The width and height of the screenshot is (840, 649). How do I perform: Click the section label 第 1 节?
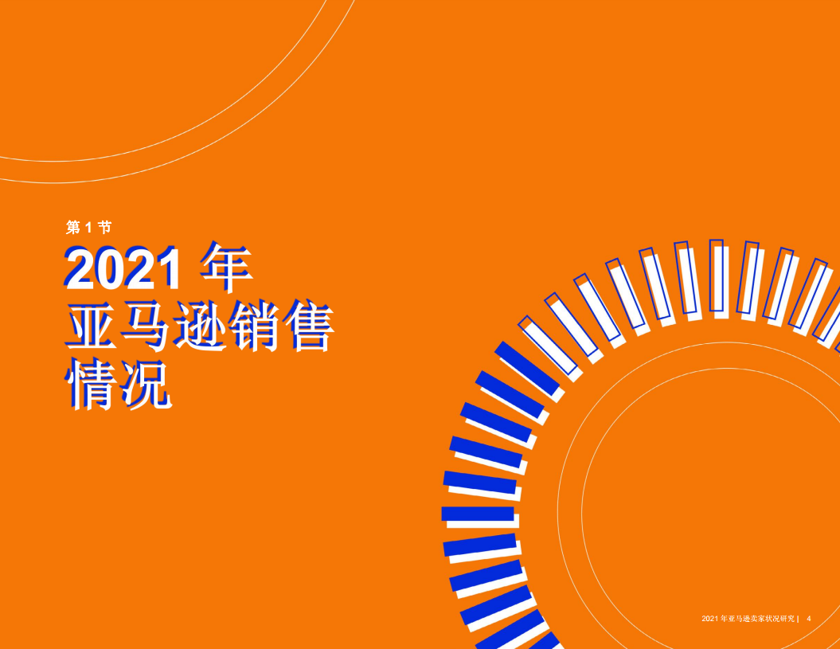(x=88, y=228)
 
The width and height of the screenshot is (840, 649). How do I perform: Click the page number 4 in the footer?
(x=810, y=619)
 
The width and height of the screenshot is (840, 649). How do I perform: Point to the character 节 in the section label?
(x=104, y=228)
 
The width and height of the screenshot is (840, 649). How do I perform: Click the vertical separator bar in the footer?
(x=798, y=619)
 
